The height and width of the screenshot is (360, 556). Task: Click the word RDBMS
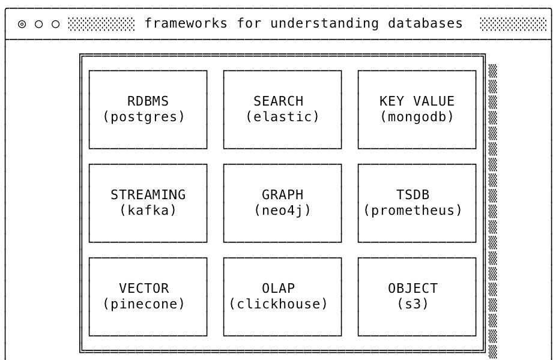coord(148,101)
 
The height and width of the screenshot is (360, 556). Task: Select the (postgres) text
coord(144,117)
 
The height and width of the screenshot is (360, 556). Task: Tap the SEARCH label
coord(278,101)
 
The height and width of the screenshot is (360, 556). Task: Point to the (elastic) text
coord(282,117)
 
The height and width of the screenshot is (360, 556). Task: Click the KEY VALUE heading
coord(417,101)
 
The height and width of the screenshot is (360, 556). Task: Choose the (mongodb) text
coord(417,117)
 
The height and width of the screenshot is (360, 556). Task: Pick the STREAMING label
coord(148,195)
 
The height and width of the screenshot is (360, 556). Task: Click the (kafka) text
coord(148,211)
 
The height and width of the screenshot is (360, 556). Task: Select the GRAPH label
coord(282,195)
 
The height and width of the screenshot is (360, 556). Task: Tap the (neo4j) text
coord(282,211)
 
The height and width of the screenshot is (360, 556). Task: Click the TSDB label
coord(412,195)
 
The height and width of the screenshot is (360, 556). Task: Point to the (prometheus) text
coord(413,211)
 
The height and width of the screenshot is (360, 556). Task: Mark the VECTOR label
coord(144,289)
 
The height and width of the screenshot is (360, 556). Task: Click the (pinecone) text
coord(144,304)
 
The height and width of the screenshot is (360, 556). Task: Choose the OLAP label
coord(278,289)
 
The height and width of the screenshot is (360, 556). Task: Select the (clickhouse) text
coord(279,304)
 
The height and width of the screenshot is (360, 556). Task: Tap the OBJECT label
coord(412,289)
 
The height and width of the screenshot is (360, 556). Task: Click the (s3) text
coord(412,304)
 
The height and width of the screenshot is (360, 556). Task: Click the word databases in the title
coord(425,23)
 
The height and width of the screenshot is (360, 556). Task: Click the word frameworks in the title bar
coord(186,23)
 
